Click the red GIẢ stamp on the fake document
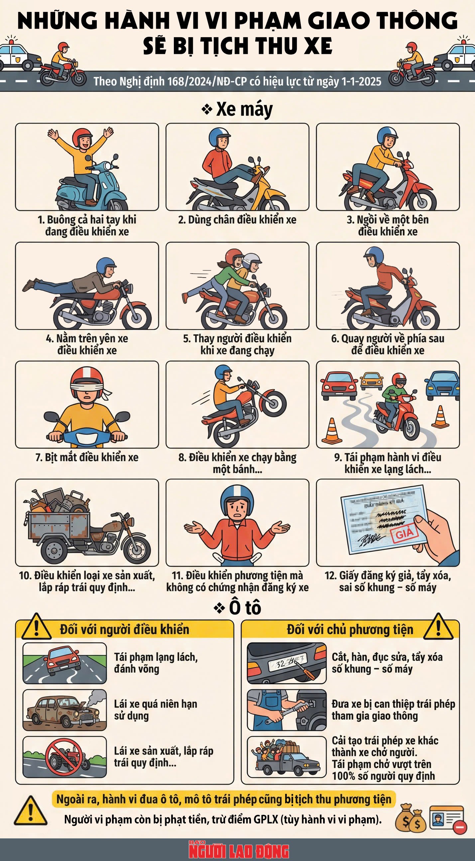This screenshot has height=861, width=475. tap(405, 534)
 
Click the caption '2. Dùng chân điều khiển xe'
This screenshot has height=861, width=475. tap(237, 220)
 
